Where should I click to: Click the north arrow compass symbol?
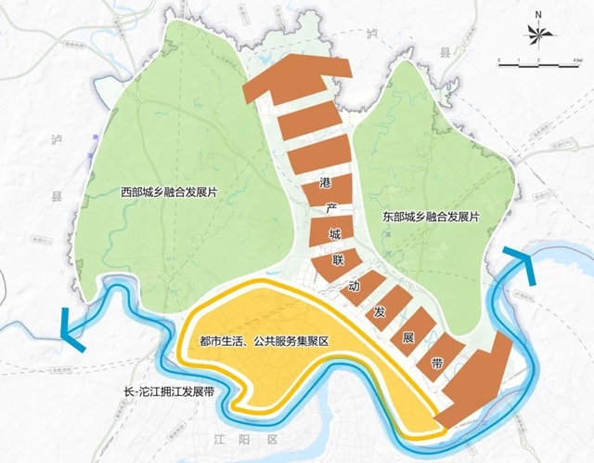pos(538,35)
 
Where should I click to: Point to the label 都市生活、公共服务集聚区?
pos(259,342)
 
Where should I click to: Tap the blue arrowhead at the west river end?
pos(67,329)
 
